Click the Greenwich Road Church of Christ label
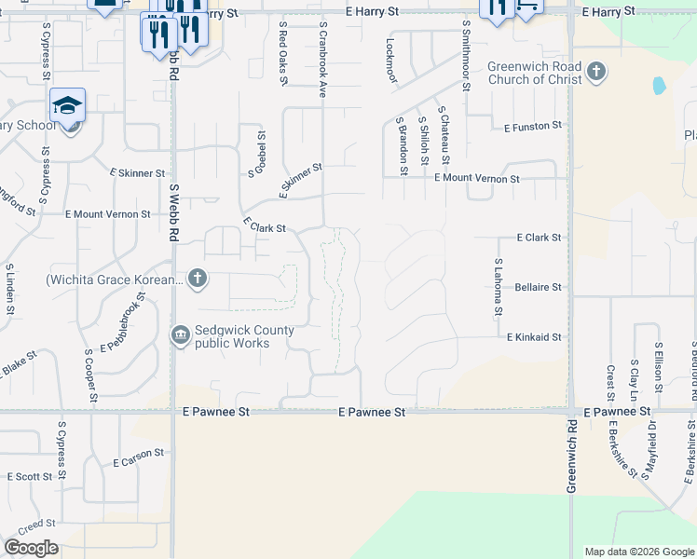click(x=534, y=74)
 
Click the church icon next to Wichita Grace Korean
click(x=197, y=278)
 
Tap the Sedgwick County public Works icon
click(x=181, y=334)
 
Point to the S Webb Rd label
click(x=173, y=212)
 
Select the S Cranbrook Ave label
click(x=322, y=61)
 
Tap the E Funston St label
click(x=533, y=126)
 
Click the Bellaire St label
click(x=539, y=288)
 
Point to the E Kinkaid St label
click(x=534, y=337)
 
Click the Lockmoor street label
click(x=390, y=61)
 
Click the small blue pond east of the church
click(x=660, y=86)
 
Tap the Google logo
click(x=31, y=548)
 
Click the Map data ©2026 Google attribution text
click(x=638, y=552)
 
